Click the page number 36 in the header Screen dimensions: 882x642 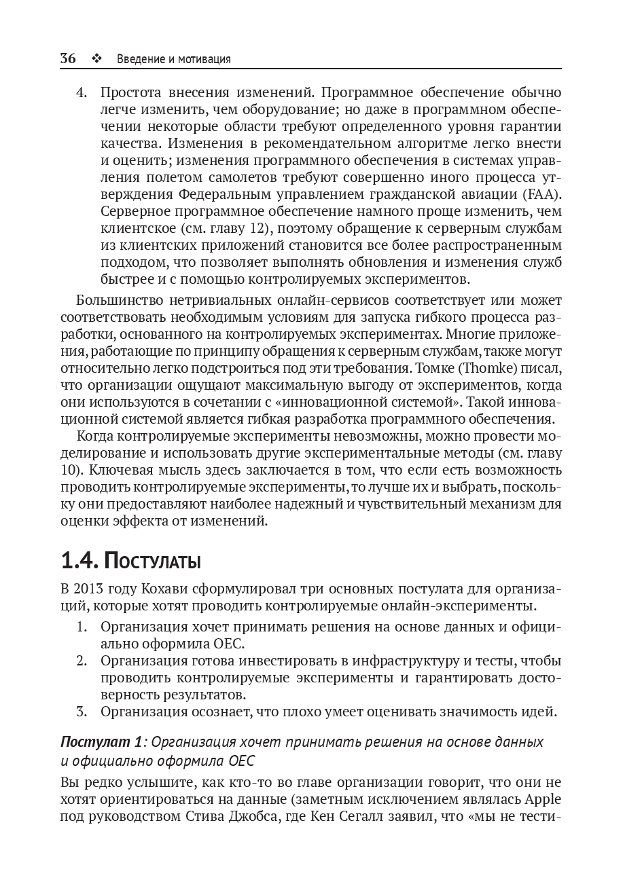[x=68, y=58]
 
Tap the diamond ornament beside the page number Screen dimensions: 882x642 [x=96, y=59]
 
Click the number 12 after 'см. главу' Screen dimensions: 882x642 [x=255, y=228]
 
